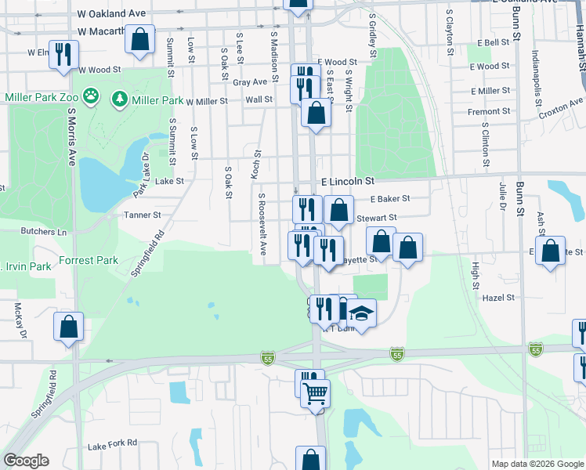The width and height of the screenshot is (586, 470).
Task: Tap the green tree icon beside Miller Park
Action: [x=119, y=99]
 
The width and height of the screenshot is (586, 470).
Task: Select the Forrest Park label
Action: [x=88, y=260]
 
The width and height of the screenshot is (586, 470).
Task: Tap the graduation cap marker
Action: [x=361, y=313]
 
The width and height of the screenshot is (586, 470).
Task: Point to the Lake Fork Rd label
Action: [x=113, y=446]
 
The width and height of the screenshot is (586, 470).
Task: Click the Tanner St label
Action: [x=142, y=215]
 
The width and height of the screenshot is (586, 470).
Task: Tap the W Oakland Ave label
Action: [x=112, y=14]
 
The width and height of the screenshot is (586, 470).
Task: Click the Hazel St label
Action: [x=498, y=298]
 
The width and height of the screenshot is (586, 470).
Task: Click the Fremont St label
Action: [x=489, y=112]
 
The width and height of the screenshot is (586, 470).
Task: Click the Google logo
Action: [x=25, y=461]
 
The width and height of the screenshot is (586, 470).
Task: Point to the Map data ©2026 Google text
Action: [x=537, y=464]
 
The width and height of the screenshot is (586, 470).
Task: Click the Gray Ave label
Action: [x=250, y=81]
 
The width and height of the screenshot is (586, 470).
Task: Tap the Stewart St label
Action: [x=377, y=218]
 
